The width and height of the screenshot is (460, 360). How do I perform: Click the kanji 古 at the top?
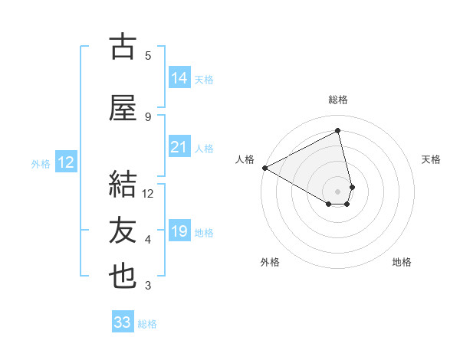pos(123,47)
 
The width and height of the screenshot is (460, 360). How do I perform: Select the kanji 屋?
pos(123,108)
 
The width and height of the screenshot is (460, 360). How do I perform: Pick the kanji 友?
pos(123,231)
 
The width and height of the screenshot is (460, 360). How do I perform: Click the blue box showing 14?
pos(179,78)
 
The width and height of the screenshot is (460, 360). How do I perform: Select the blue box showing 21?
pos(179,147)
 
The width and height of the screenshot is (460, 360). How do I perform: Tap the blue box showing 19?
pos(179,231)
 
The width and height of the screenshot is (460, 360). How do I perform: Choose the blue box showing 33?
pos(123,322)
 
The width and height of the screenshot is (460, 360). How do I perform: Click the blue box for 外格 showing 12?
pos(65,162)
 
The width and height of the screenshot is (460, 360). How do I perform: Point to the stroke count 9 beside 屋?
pos(148,117)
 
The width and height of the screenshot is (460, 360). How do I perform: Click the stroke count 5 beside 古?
pos(148,56)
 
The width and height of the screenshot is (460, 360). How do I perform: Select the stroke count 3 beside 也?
pos(148,286)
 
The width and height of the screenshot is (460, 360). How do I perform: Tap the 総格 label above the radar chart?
pos(338,100)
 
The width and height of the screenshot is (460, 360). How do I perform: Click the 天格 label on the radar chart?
pos(432,159)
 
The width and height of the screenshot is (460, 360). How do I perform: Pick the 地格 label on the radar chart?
pos(402,262)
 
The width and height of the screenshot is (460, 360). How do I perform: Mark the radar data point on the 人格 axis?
pos(264,168)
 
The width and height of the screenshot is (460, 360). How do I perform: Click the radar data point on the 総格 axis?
pos(338,130)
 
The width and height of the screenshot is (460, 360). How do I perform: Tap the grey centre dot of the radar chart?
pos(338,190)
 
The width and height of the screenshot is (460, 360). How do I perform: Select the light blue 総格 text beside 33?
pos(147,324)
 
